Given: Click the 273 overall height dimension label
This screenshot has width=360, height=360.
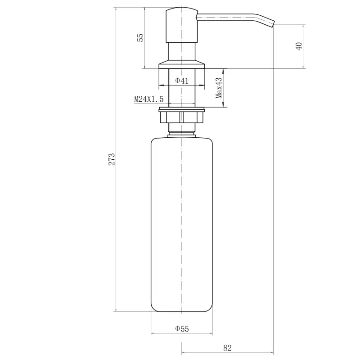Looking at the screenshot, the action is pyautogui.click(x=112, y=159).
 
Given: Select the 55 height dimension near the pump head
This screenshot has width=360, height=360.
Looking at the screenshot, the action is pyautogui.click(x=140, y=38).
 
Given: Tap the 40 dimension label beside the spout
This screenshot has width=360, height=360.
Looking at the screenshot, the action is pyautogui.click(x=299, y=46).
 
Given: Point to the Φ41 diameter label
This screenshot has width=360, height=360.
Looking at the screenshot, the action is pyautogui.click(x=182, y=81).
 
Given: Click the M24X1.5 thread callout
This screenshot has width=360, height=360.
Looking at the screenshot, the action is pyautogui.click(x=149, y=99).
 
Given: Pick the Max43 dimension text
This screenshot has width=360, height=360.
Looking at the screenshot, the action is pyautogui.click(x=219, y=88).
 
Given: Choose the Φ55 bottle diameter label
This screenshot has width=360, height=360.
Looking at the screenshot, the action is pyautogui.click(x=182, y=329).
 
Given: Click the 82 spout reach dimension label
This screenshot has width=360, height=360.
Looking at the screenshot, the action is pyautogui.click(x=227, y=348).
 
